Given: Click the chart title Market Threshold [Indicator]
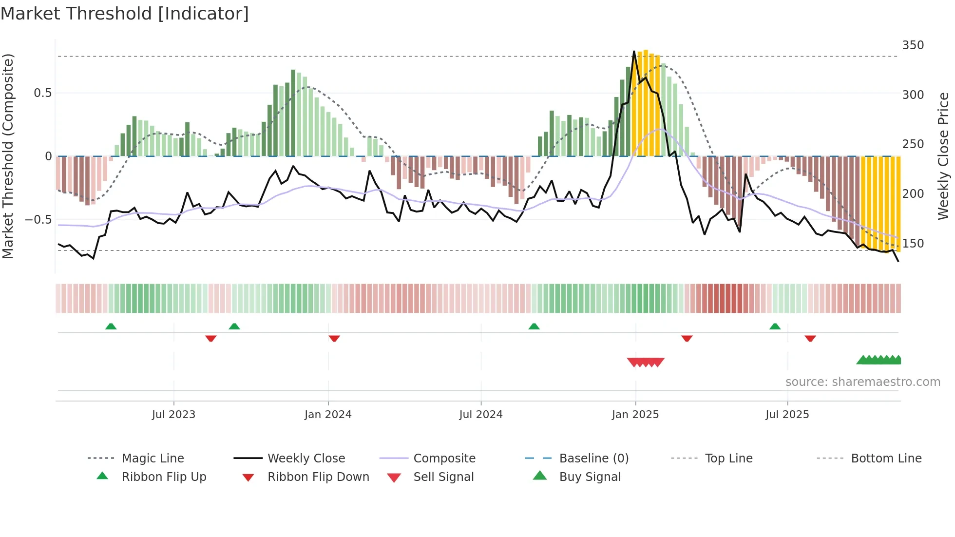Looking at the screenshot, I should click(125, 14).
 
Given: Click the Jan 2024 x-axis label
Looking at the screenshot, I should click(328, 415).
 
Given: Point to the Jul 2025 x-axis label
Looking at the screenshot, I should click(787, 415).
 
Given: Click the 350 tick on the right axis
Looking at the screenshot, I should click(913, 45).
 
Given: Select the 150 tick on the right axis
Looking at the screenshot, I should click(913, 243).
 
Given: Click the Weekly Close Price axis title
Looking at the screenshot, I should click(943, 156).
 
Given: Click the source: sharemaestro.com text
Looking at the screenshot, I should click(862, 382).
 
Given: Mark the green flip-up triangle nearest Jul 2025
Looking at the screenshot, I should click(775, 326).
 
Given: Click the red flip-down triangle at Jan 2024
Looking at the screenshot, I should click(334, 338).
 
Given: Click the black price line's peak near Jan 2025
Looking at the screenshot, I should click(634, 52).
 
